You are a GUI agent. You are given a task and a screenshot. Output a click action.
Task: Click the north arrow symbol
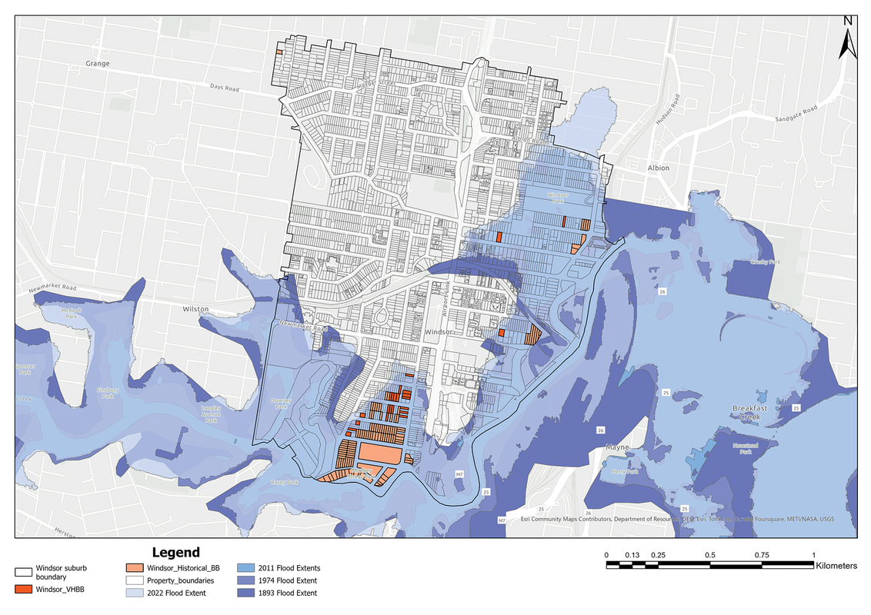848,40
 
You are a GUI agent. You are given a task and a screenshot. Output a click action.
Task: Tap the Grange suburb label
98,64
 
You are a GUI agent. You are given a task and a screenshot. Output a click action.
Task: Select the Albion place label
658,168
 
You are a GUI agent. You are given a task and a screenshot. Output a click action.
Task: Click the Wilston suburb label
195,308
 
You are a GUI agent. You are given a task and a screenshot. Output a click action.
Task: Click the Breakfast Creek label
751,413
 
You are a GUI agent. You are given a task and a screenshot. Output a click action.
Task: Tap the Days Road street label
225,89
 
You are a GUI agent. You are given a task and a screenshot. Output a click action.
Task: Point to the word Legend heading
175,552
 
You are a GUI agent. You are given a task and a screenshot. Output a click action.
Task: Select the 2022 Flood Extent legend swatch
135,593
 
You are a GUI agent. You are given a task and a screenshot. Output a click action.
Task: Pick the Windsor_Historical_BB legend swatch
135,568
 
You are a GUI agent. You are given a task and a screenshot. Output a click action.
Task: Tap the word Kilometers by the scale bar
836,565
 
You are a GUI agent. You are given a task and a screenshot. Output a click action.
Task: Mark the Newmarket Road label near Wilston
54,288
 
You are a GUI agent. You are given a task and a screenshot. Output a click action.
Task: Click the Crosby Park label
766,263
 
